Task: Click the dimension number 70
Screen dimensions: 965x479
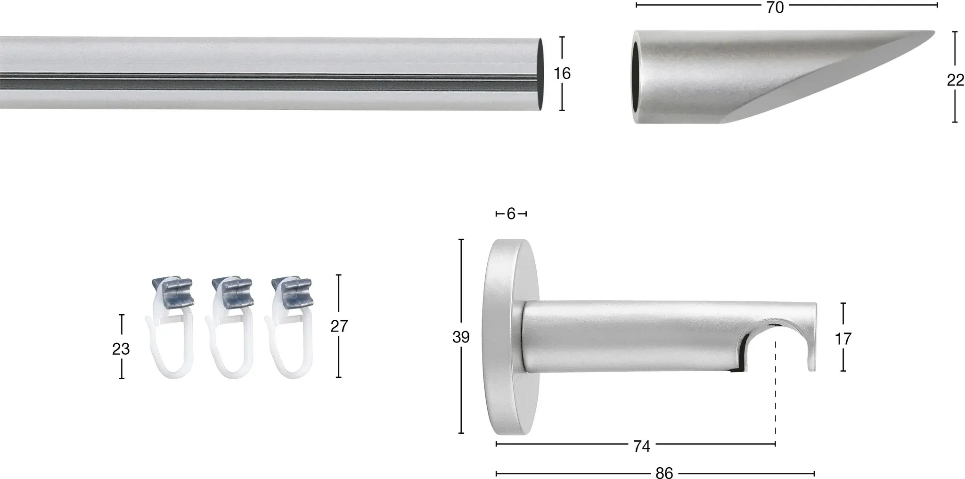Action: (775, 7)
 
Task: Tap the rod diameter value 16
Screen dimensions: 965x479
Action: (562, 73)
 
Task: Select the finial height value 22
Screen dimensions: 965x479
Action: (955, 81)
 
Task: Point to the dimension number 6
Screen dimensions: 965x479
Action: (511, 214)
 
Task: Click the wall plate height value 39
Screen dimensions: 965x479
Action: (461, 337)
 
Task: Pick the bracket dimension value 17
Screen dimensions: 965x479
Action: (843, 338)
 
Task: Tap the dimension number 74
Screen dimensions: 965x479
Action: (642, 447)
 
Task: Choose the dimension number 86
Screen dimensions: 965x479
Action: (664, 473)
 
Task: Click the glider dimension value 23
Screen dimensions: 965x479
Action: (121, 349)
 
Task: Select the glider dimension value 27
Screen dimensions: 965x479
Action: (339, 326)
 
